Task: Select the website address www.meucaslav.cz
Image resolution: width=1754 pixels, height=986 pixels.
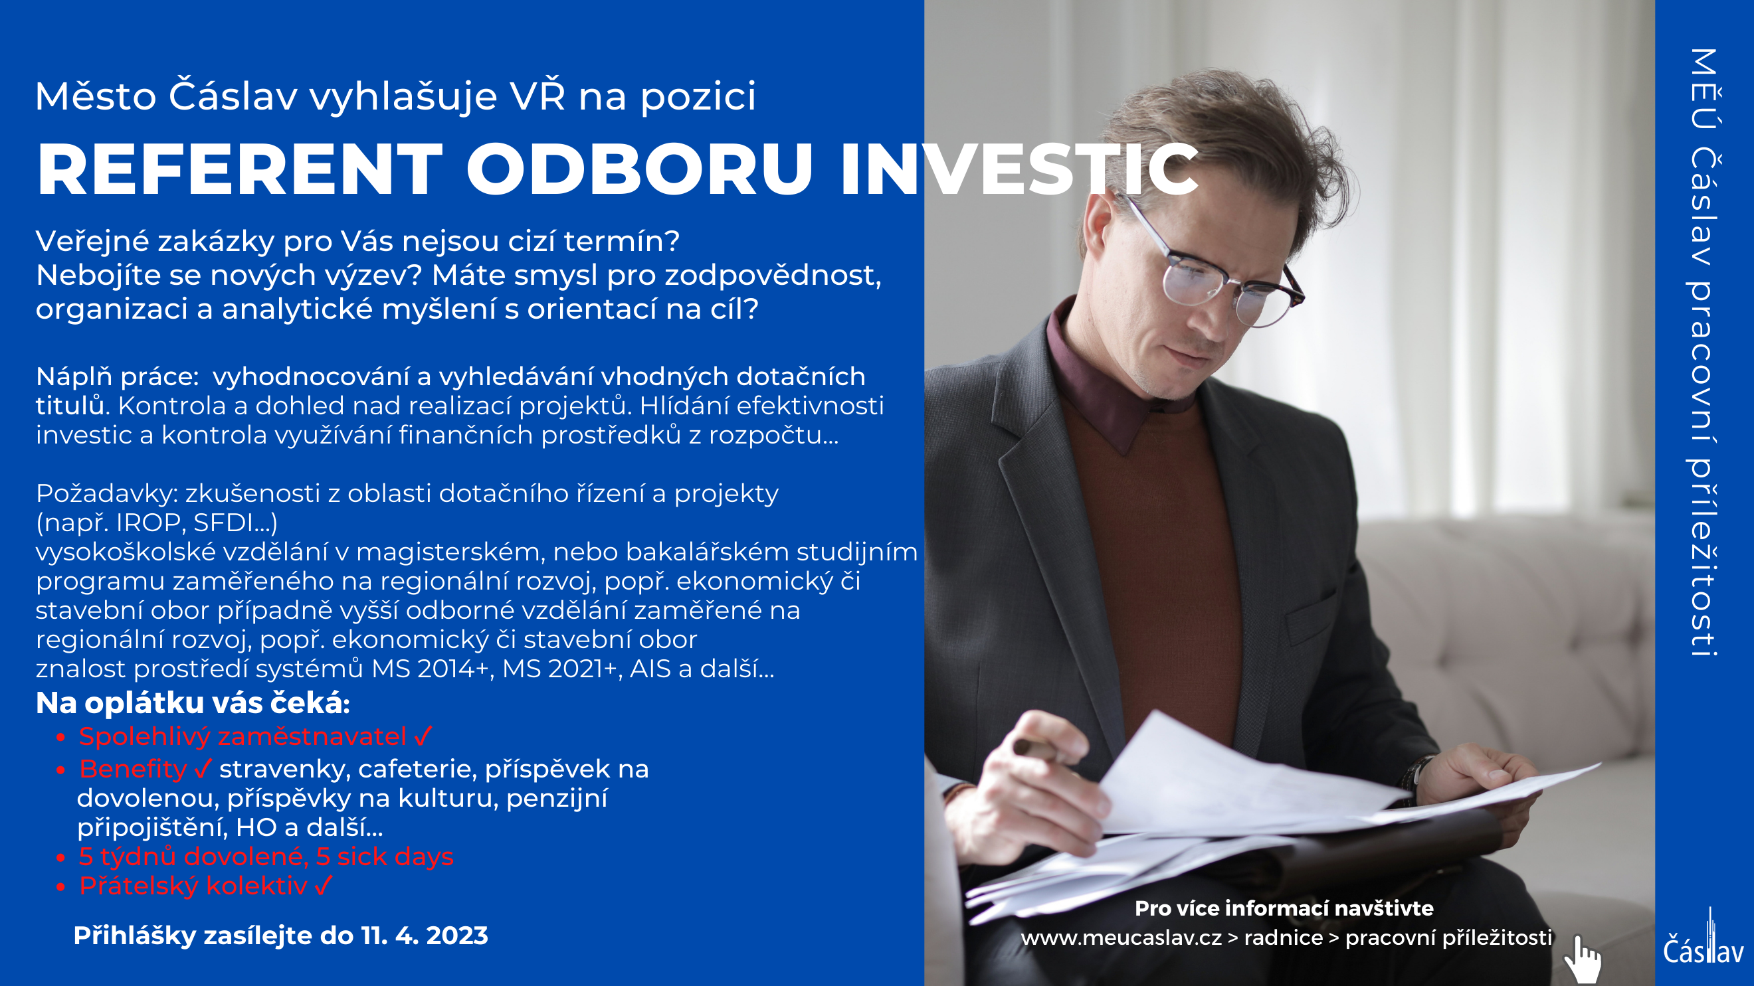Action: coord(1121,938)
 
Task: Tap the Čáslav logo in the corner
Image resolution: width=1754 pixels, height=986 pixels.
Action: coord(1704,942)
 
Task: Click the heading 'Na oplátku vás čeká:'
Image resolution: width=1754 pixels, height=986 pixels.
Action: coord(193,703)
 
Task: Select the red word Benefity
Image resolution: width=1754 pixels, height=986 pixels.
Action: coord(133,769)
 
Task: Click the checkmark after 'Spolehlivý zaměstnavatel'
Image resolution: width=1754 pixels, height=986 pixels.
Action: coord(423,736)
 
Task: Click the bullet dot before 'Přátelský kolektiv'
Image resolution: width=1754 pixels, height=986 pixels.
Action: coord(60,886)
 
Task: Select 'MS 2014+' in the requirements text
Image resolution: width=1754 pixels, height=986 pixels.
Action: coord(432,669)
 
